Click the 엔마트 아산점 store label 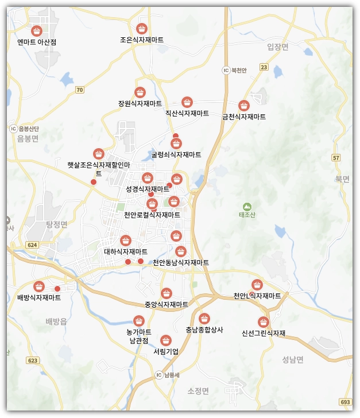(x=37, y=42)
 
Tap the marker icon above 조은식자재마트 (x=141, y=28)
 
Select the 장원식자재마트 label (x=140, y=104)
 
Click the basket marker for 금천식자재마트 (x=244, y=105)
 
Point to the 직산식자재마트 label (x=187, y=114)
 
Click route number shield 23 (x=264, y=67)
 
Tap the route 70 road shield (x=79, y=90)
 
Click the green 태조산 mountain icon (x=247, y=206)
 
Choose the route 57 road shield (x=336, y=157)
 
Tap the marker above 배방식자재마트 (x=39, y=286)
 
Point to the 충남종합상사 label (x=204, y=330)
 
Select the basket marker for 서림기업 (x=166, y=340)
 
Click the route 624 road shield (x=32, y=245)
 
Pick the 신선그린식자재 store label (x=264, y=333)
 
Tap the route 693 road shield (x=344, y=402)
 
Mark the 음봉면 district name (x=27, y=138)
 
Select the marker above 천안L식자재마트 (x=257, y=284)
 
